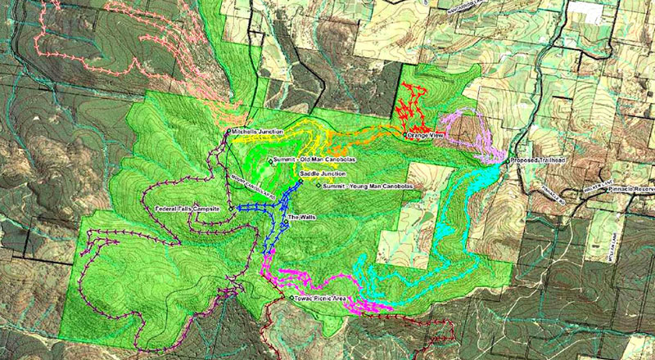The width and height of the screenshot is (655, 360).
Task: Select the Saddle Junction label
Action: click(323, 174)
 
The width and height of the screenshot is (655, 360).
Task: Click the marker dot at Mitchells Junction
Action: click(228, 132)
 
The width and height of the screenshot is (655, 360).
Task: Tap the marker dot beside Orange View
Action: click(404, 136)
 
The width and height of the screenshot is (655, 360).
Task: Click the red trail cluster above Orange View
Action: click(413, 106)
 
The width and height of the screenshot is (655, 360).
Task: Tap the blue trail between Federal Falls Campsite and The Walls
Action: click(258, 209)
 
